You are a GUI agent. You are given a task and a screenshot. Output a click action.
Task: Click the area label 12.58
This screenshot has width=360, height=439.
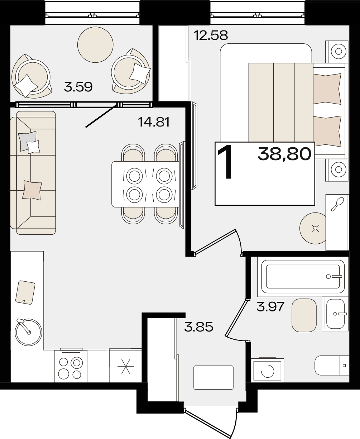click(x=211, y=35)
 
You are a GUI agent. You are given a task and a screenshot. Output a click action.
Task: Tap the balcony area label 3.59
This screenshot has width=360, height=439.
click(x=78, y=87)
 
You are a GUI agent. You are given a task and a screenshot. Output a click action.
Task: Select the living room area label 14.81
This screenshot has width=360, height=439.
click(x=154, y=122)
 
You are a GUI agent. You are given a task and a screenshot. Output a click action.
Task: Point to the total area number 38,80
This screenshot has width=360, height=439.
click(x=284, y=154)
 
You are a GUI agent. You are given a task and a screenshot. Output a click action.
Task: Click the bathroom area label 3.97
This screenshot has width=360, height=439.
click(x=270, y=307)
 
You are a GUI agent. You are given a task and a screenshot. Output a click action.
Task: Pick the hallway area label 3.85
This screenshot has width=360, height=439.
click(x=199, y=327)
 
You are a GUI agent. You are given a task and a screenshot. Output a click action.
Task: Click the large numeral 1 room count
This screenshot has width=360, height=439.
click(x=225, y=163)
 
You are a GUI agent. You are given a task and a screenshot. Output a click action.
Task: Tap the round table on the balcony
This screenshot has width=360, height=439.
click(x=95, y=44)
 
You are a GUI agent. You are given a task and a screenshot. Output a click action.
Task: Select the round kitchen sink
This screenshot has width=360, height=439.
click(x=29, y=333)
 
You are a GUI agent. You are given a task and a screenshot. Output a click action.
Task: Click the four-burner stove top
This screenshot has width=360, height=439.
click(x=71, y=367)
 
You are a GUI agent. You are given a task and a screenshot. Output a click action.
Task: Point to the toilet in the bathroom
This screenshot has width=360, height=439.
click(x=332, y=365)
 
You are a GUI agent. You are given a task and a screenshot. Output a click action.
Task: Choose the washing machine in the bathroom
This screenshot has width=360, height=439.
click(x=267, y=371)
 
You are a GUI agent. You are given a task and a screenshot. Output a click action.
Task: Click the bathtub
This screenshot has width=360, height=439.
click(x=303, y=277)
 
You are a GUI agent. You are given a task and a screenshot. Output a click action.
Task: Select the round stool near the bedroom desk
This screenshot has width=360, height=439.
click(x=313, y=228)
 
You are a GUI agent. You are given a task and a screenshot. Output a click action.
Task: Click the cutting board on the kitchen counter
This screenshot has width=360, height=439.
click(x=25, y=292)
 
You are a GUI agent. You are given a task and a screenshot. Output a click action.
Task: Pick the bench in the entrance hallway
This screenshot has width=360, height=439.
click(x=213, y=378)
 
